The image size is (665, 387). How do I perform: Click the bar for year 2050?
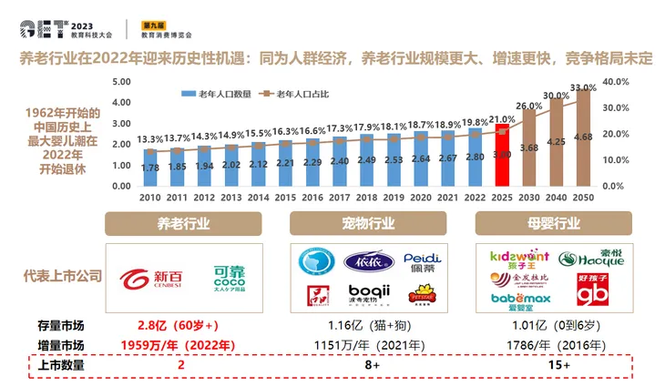(584, 137)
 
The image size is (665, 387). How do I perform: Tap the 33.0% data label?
(583, 87)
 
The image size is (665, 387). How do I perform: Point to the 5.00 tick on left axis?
(123, 82)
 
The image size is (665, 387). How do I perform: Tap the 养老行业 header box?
(184, 224)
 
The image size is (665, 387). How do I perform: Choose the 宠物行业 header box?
(369, 224)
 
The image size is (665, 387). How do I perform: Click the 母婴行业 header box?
(554, 224)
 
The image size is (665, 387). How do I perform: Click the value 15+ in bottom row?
(553, 364)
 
